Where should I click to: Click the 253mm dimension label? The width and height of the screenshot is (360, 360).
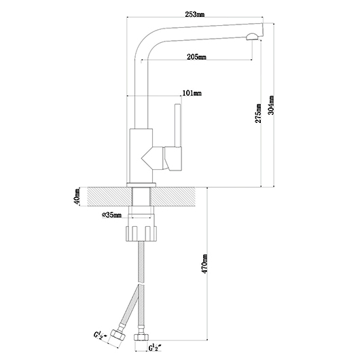tap(195, 14)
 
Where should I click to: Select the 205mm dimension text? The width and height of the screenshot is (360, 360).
tap(196, 56)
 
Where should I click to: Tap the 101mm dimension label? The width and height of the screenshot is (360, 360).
tap(192, 93)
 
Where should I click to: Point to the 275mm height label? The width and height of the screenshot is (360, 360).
tap(258, 113)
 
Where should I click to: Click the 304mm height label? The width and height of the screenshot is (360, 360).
tap(271, 105)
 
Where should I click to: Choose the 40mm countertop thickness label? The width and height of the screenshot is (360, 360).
tap(77, 196)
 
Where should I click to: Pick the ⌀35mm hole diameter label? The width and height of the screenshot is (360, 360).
tap(111, 215)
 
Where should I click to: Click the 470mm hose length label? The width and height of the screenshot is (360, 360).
tap(204, 264)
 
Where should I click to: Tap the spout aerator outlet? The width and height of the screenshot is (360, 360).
tap(252, 37)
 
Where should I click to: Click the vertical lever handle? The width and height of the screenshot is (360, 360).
tap(178, 126)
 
